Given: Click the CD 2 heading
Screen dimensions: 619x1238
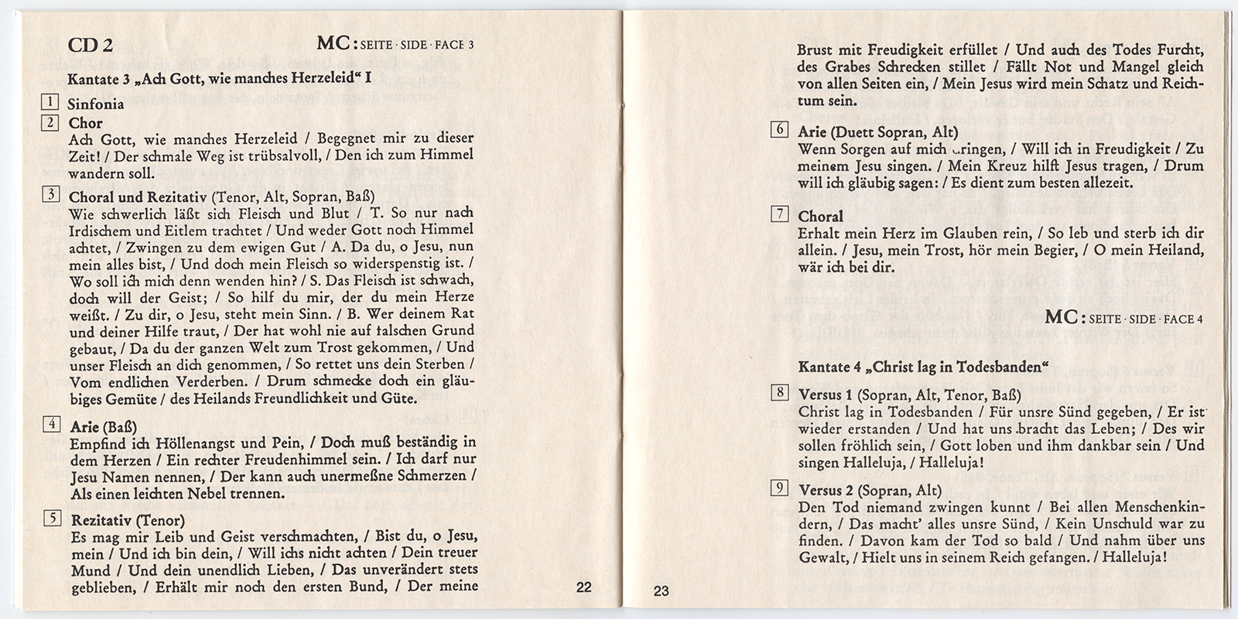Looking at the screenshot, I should coord(91,46).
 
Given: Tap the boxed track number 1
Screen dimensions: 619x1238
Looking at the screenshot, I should coord(50,103).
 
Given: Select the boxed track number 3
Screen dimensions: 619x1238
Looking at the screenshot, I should coord(50,195).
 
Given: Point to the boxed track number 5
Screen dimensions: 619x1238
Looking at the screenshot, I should coord(52,518).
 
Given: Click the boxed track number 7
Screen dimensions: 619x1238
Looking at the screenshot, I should coord(780,214).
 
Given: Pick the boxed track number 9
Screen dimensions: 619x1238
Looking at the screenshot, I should coord(780,488).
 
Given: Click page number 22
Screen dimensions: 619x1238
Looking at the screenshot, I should coord(584,587).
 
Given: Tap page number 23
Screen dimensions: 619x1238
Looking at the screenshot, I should coord(661,592).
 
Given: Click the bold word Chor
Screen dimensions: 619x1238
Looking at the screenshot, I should coord(85,122).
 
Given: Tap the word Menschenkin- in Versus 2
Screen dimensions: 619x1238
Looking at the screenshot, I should coord(1160,508).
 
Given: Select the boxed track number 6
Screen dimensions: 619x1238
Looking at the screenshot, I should coord(780,130).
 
